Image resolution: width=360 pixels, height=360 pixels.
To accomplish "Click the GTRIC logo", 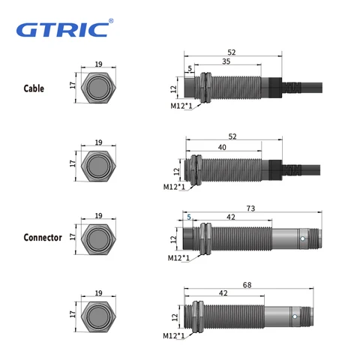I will tap(63, 29).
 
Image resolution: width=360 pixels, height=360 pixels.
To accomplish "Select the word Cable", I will tap(34, 88).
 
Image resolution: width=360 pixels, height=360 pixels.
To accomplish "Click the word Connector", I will tap(42, 237).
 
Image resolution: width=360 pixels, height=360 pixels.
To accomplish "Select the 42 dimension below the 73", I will tap(230, 217).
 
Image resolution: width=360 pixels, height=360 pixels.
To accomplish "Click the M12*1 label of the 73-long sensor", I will tap(178, 259).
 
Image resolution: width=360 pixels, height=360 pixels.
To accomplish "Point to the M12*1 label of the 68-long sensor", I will tap(173, 335).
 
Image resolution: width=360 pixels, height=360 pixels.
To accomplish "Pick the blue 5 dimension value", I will tap(189, 217).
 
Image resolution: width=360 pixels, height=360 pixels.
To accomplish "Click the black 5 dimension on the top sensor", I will tap(190, 70).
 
